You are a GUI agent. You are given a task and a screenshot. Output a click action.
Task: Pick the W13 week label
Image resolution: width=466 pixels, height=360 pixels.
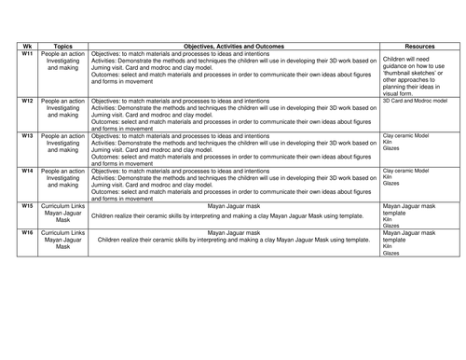pos(27,133)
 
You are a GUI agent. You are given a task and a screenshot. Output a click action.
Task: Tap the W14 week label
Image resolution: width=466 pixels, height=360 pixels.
pos(27,170)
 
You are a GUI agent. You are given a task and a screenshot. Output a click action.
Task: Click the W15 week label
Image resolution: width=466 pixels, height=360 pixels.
pos(27,206)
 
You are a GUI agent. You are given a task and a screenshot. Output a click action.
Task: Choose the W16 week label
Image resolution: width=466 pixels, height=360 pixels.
pos(27,229)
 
